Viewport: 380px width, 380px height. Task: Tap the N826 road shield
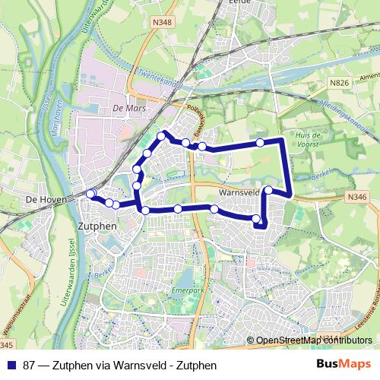click(x=338, y=80)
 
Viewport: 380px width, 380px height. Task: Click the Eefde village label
click(x=239, y=3)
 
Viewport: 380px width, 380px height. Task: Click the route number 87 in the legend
click(x=30, y=366)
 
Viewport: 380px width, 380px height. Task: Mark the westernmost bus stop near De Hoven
click(x=90, y=194)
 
